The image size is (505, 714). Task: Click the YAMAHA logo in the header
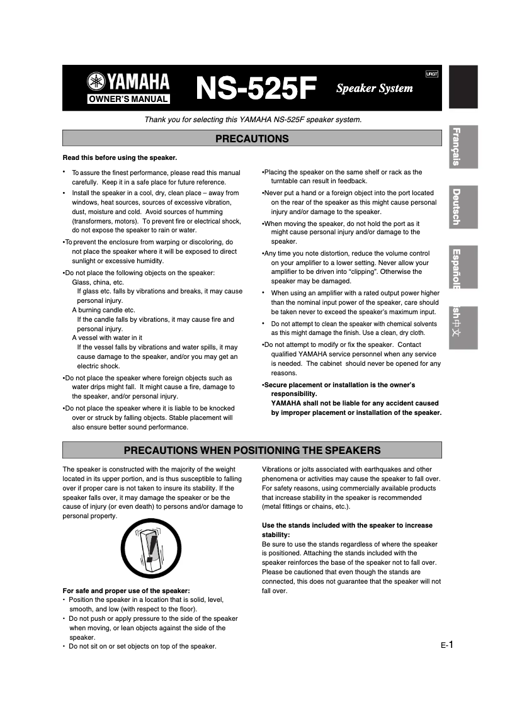[x=128, y=82]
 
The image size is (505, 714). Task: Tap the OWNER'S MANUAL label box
[x=128, y=99]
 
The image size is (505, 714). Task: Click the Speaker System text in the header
[x=374, y=88]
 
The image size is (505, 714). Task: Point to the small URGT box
[x=431, y=74]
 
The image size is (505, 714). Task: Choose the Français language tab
[x=463, y=147]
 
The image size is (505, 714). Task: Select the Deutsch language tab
[x=463, y=207]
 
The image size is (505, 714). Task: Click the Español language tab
[x=463, y=267]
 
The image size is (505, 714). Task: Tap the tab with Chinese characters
[x=463, y=327]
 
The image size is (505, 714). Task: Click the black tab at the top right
[x=463, y=86]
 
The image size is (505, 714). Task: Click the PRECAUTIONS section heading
[x=252, y=139]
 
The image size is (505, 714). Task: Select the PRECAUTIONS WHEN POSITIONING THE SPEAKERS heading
[x=252, y=450]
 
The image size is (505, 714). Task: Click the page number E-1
[x=447, y=644]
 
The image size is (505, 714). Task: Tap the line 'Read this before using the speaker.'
[x=120, y=157]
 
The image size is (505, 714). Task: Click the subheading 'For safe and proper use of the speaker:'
[x=126, y=591]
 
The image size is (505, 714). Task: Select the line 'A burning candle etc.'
[x=103, y=310]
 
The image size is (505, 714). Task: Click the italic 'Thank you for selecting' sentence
[x=253, y=120]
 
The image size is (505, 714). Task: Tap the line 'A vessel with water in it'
[x=107, y=337]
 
